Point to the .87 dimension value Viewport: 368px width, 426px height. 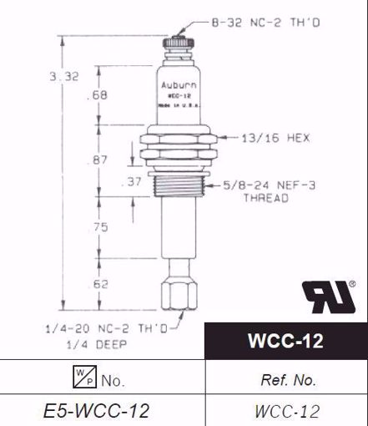98,159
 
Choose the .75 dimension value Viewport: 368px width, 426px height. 98,226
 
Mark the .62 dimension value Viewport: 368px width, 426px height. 98,284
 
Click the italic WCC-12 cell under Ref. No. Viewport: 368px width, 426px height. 286,410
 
